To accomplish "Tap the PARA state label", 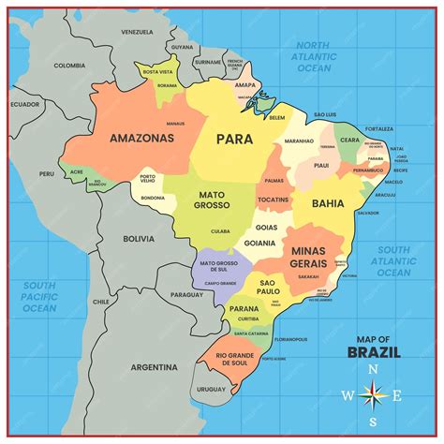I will [x=234, y=139].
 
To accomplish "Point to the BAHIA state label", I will [x=328, y=202].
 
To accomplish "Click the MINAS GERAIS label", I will [x=308, y=258].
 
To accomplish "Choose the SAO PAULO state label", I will [x=269, y=287].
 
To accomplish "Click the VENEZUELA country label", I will [x=136, y=32].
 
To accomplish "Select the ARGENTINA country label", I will [x=154, y=366].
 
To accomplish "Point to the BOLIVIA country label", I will [x=139, y=239].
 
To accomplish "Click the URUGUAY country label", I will [x=212, y=389].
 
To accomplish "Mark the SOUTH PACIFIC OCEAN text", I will [x=40, y=296].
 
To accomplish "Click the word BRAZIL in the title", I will [x=374, y=353].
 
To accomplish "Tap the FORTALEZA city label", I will [x=379, y=128].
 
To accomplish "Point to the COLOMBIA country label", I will [x=69, y=66].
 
